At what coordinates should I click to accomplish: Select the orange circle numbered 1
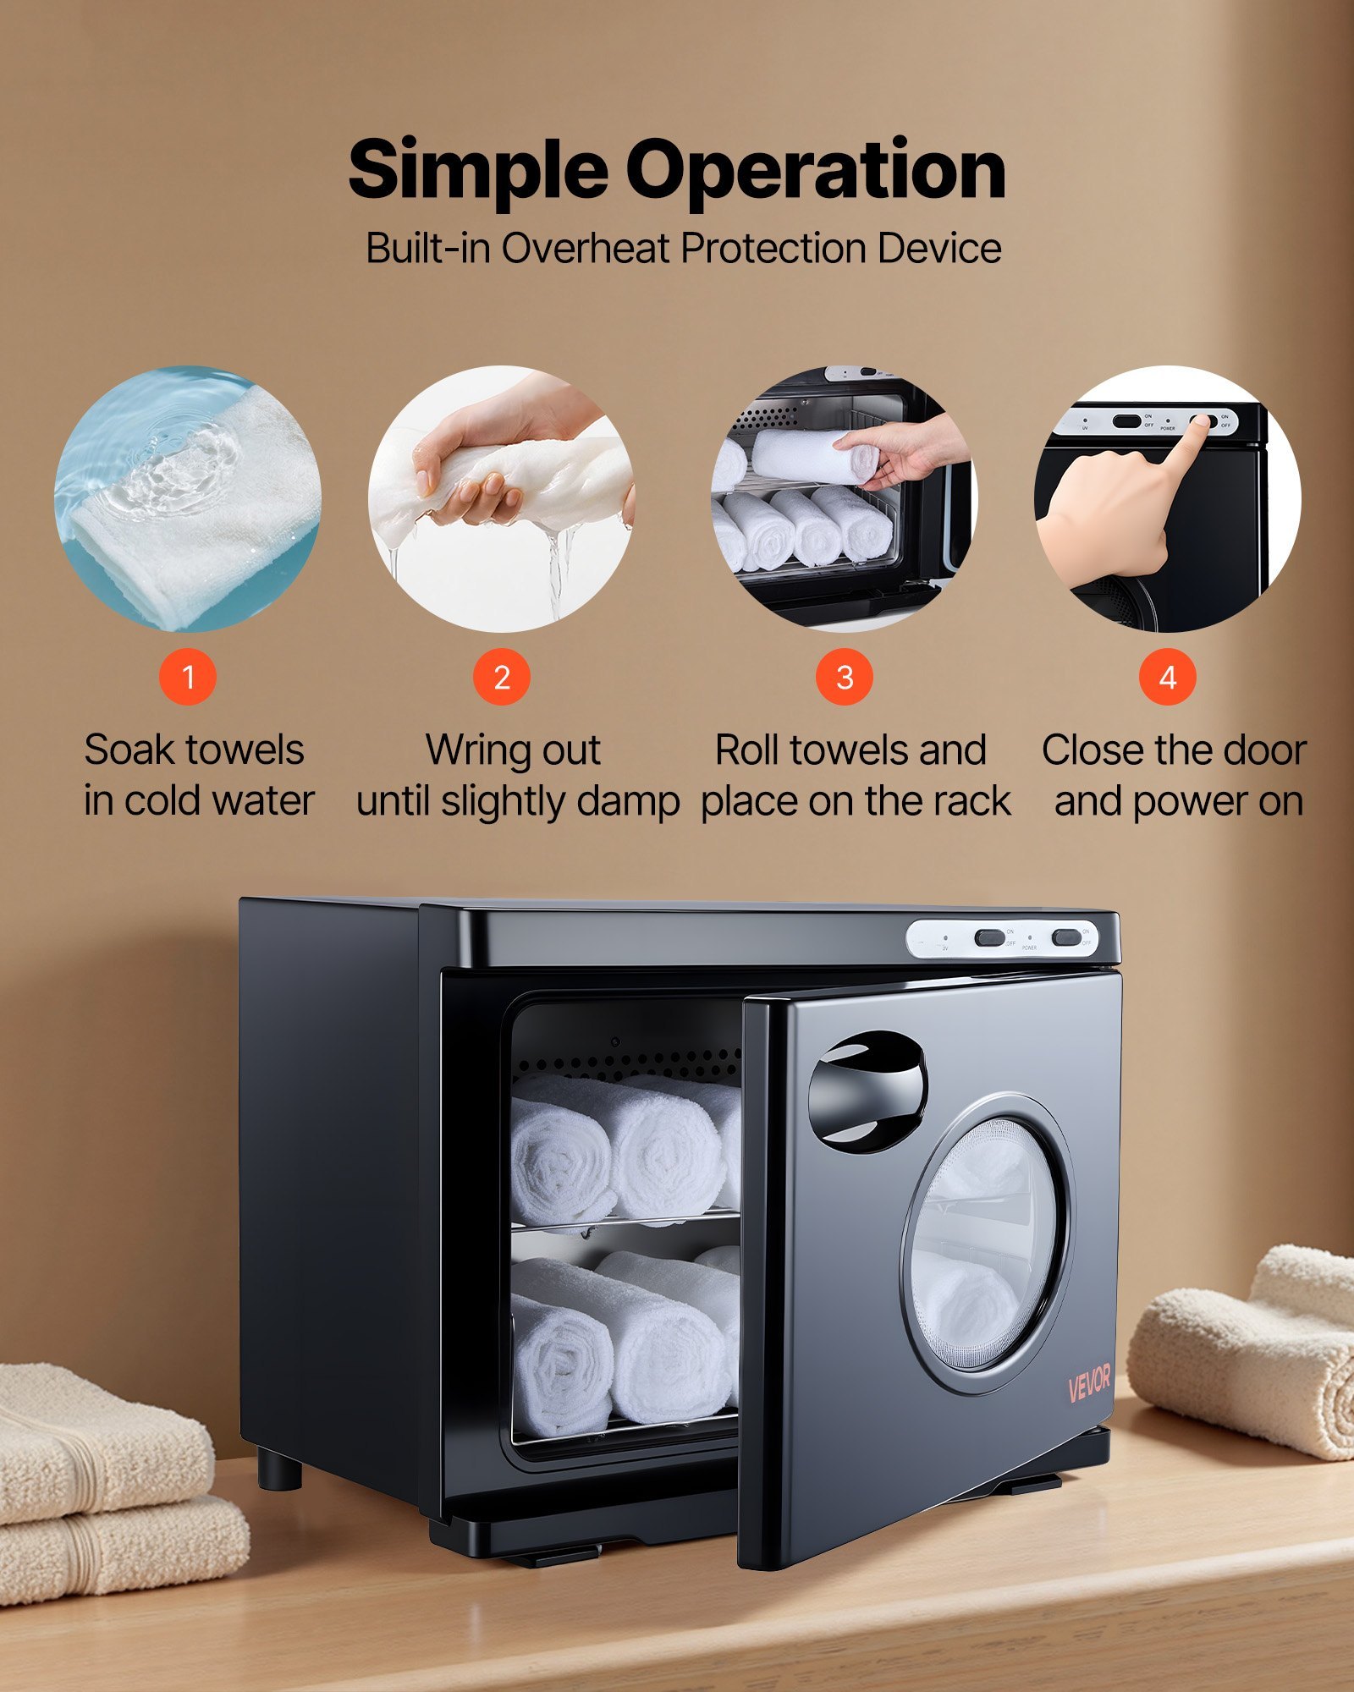188,677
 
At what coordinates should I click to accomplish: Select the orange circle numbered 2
502,677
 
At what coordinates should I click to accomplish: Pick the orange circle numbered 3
844,677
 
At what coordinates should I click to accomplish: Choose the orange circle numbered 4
1167,677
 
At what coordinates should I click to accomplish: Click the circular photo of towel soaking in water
188,499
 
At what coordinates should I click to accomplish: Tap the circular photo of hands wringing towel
502,499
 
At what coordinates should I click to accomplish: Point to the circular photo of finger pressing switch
1167,499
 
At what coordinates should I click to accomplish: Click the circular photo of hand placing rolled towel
844,499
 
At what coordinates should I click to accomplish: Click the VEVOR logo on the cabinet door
1089,1384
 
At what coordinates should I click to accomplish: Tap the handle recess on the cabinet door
867,1091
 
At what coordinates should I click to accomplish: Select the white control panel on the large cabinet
1003,939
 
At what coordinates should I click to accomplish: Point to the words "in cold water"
199,801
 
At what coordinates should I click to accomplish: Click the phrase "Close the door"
1174,750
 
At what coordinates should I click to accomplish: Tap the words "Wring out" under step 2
513,750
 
